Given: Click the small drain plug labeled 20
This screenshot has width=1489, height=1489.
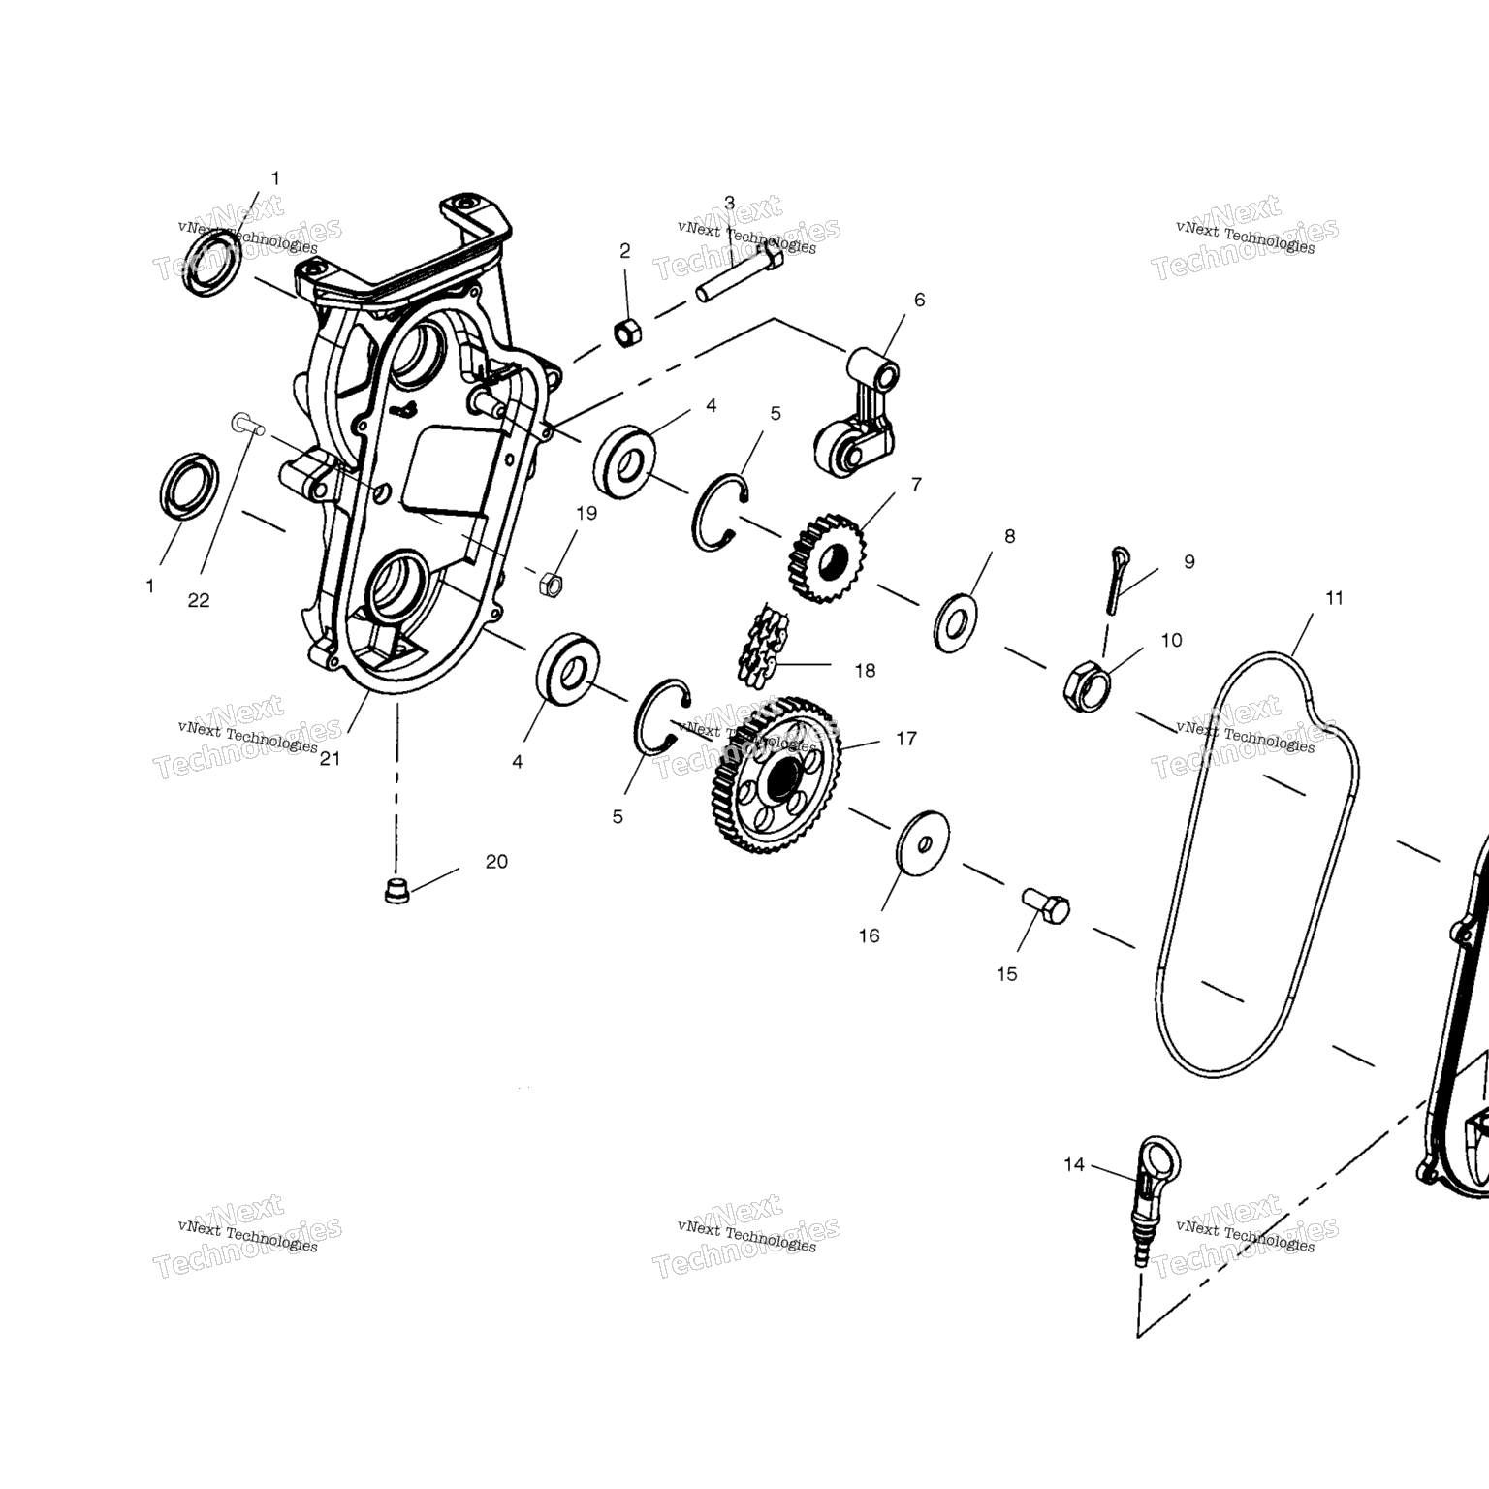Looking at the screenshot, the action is (396, 890).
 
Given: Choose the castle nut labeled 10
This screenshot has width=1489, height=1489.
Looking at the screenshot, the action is (1088, 684).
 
